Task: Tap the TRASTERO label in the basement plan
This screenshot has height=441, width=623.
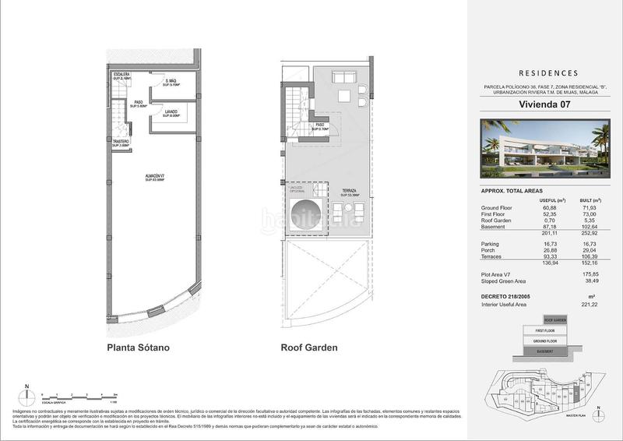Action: tap(119, 143)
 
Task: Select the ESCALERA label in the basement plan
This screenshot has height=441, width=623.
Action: tap(119, 76)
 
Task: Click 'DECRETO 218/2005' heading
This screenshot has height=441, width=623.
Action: tap(505, 297)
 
